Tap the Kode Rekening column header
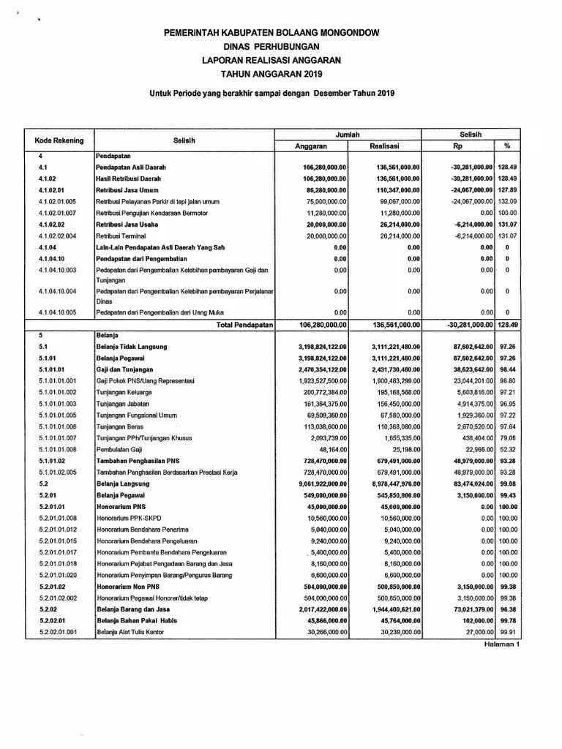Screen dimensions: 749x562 [59, 140]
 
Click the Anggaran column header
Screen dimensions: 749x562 [310, 146]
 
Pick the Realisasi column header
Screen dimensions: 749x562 [385, 146]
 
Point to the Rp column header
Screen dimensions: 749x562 [458, 146]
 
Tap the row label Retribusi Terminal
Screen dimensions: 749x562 [120, 236]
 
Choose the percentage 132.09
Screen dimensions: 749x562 [507, 201]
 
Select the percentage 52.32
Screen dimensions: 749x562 [508, 448]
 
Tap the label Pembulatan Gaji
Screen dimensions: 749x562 [119, 448]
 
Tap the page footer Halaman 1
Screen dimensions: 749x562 [501, 644]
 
